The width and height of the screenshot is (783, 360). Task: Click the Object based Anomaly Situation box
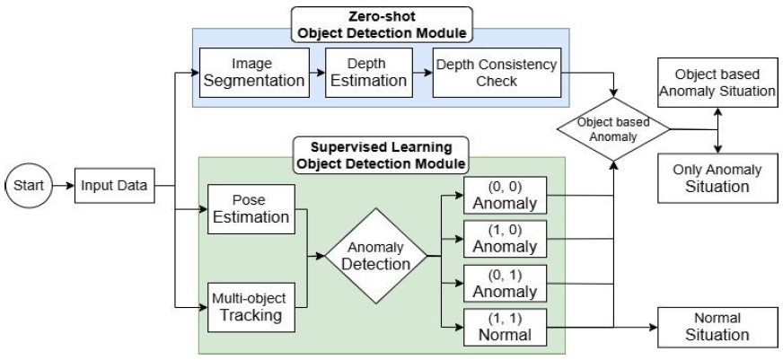point(718,83)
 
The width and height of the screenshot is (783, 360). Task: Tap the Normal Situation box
point(717,327)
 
